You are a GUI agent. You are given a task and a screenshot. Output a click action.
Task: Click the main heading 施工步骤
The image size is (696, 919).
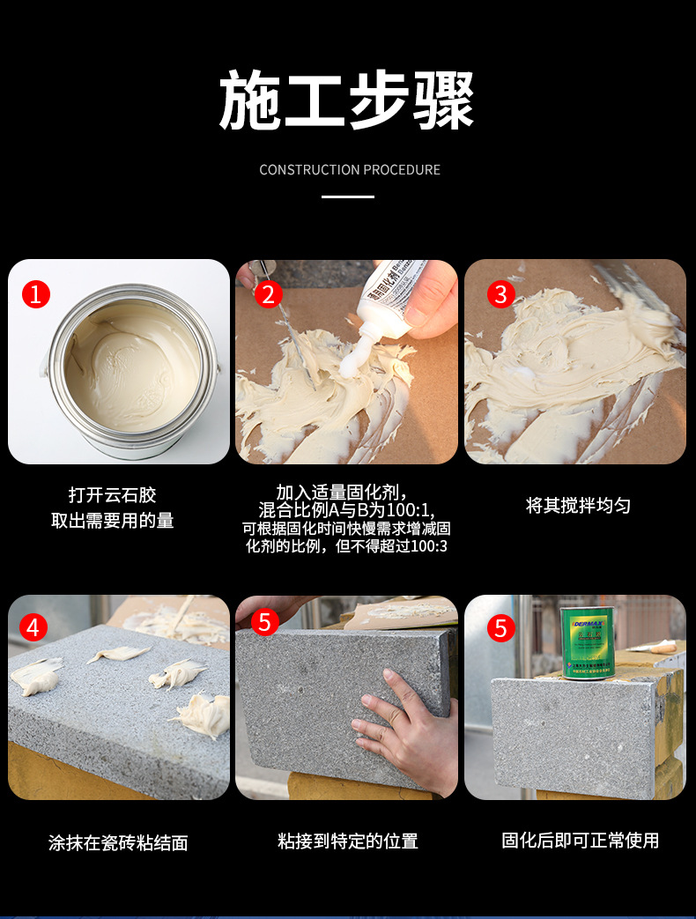tap(347, 100)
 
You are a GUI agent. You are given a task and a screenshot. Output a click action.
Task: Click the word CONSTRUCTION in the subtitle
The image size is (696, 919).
tap(309, 169)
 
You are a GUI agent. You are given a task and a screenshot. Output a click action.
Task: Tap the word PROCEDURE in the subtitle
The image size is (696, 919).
tap(402, 169)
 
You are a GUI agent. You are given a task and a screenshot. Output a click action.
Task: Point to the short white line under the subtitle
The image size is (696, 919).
tap(347, 196)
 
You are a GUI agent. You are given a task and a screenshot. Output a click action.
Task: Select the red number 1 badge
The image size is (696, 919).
tap(36, 293)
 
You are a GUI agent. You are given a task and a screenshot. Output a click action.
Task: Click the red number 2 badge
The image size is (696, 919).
tap(269, 293)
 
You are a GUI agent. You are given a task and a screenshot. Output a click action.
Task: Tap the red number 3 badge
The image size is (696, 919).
tap(500, 293)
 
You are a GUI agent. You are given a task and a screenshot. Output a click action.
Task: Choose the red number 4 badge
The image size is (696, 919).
tap(33, 627)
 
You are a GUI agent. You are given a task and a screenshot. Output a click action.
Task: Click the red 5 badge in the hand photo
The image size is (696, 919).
tap(265, 622)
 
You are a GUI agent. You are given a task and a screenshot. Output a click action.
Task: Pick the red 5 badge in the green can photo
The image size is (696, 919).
tap(500, 627)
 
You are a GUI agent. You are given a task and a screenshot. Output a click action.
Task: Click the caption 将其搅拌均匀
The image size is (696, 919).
tap(578, 506)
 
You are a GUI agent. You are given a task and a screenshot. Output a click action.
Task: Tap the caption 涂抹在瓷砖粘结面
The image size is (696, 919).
tap(118, 842)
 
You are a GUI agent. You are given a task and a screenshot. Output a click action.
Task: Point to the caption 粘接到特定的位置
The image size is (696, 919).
tap(347, 841)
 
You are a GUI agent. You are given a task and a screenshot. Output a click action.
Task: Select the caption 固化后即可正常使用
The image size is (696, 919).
tap(580, 841)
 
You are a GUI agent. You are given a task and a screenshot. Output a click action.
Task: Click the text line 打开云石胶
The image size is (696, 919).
tap(112, 494)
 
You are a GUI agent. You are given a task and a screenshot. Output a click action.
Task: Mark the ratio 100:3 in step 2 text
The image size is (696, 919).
tap(429, 546)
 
